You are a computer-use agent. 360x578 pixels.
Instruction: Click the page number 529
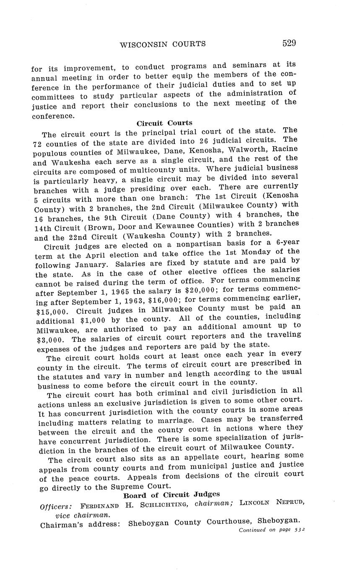click(x=289, y=43)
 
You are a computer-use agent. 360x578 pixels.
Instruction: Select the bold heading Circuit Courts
click(x=164, y=123)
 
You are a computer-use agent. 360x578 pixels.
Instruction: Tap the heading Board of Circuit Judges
click(x=171, y=495)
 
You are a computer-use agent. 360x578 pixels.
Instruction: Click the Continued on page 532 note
click(x=271, y=530)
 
